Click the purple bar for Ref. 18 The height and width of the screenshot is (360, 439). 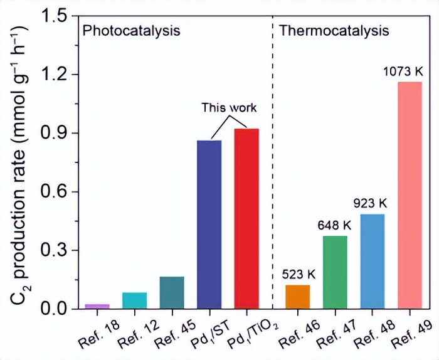(x=97, y=306)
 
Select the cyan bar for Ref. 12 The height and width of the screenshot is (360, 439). (x=135, y=300)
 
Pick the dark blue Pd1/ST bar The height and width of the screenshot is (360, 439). (x=209, y=225)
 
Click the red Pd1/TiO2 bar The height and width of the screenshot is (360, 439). (x=246, y=219)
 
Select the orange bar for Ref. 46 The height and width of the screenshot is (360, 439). (x=297, y=297)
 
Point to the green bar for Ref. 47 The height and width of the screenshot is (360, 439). (x=335, y=272)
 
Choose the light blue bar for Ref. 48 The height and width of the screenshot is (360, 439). (x=372, y=262)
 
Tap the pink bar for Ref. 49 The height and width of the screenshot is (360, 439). (x=410, y=195)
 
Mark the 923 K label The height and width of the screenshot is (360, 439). (x=371, y=204)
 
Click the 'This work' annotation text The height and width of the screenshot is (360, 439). (x=229, y=107)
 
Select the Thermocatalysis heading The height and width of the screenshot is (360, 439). (x=334, y=30)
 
